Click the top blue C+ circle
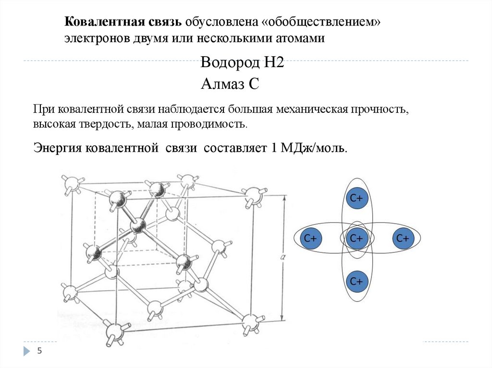point(356,198)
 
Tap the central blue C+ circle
point(356,238)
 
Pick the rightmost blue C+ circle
point(403,238)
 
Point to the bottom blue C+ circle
point(356,281)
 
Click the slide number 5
point(39,351)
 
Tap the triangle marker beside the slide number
point(26,351)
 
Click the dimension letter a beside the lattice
point(283,257)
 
